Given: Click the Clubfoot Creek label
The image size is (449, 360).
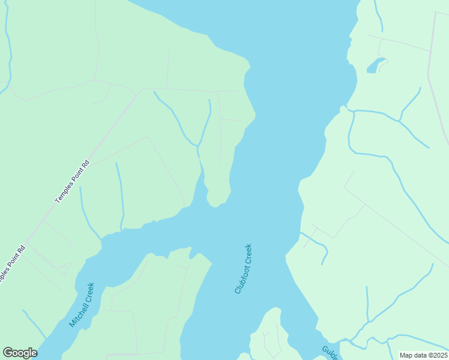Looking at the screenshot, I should (243, 268).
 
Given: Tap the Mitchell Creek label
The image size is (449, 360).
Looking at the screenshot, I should (82, 305).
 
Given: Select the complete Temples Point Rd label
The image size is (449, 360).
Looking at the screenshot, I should (71, 181).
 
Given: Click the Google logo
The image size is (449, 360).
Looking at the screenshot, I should (20, 353).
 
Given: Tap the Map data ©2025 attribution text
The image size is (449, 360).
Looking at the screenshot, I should (423, 355).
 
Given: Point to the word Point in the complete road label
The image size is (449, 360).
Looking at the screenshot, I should (76, 176).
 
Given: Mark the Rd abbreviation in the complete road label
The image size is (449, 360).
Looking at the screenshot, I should (85, 164).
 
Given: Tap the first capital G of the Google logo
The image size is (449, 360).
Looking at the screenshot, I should (7, 353).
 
